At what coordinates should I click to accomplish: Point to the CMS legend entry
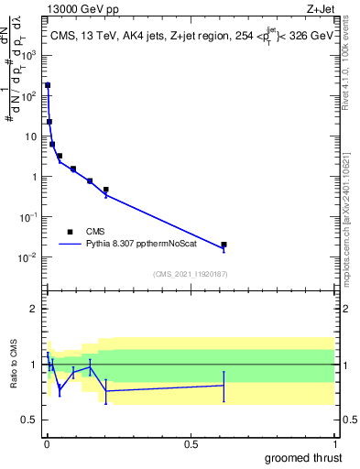95,232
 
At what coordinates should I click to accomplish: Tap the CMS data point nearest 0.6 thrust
224,245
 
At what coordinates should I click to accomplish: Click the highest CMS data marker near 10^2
48,85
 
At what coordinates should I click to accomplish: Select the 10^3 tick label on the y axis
27,55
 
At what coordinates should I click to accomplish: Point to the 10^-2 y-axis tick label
27,257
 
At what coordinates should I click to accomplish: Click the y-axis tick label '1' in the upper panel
32,177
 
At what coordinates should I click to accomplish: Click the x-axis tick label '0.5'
191,443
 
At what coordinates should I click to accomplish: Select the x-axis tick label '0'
47,443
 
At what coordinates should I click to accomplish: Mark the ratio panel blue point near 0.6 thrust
224,386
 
